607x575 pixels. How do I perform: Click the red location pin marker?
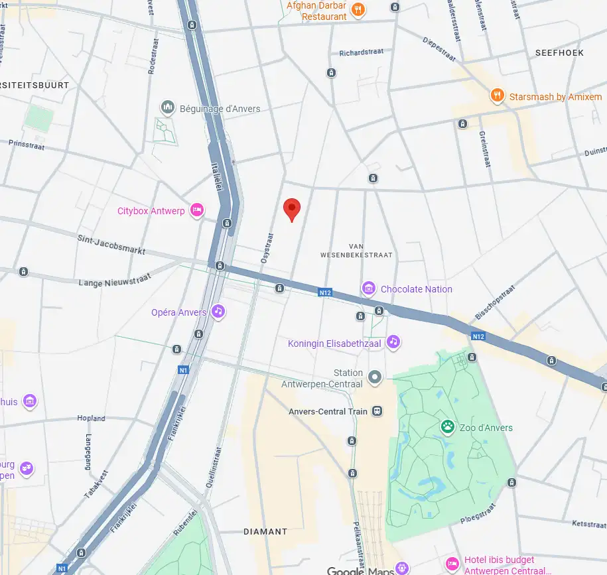[292, 209]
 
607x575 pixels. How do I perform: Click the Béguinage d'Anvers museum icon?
[167, 107]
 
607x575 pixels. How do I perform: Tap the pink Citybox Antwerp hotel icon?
[196, 210]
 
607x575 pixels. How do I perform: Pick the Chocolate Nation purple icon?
[368, 288]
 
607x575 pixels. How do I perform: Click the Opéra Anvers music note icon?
[218, 312]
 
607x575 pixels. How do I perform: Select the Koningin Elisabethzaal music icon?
[393, 342]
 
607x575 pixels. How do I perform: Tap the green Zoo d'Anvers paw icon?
[448, 427]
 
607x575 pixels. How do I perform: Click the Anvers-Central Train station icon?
[377, 411]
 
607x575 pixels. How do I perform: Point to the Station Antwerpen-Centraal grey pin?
[375, 378]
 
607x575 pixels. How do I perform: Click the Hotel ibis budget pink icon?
[452, 564]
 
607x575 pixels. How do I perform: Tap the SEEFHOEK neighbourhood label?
[559, 52]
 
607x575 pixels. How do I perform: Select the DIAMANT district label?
[265, 531]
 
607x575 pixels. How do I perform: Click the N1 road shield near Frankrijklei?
[182, 369]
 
